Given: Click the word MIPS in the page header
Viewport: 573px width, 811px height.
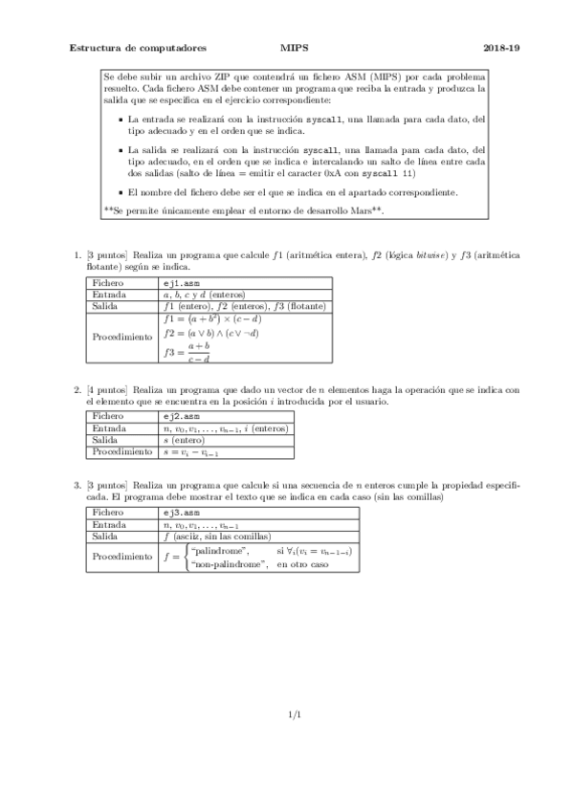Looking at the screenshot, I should coord(293,45).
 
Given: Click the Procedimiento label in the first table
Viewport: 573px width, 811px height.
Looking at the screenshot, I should coord(121,337).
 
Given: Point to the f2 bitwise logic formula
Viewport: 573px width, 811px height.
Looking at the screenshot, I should coord(210,334).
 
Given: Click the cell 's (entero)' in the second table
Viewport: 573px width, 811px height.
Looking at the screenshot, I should coord(188,440).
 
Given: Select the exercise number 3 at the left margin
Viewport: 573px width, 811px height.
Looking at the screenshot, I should coord(77,487).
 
